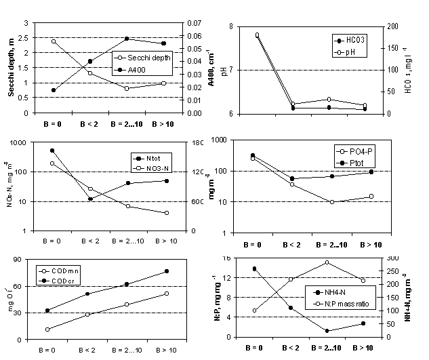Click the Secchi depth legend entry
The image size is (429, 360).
[x=146, y=58]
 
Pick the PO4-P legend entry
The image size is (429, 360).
[x=356, y=150]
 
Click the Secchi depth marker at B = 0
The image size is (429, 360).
[x=54, y=41]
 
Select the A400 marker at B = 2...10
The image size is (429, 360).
[x=127, y=39]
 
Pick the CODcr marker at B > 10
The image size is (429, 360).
[x=167, y=271]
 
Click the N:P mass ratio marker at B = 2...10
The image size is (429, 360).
[x=327, y=262]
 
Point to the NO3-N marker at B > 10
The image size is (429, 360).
[x=167, y=213]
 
